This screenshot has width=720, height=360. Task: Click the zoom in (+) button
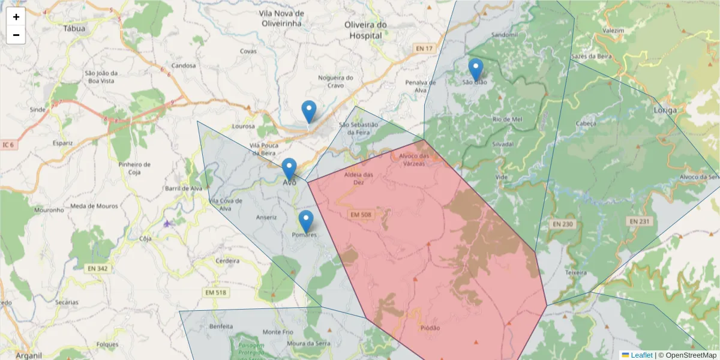tap(16, 17)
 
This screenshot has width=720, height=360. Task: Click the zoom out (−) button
tap(16, 35)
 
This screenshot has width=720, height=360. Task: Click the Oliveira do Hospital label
tap(366, 30)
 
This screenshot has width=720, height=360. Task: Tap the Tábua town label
tap(74, 28)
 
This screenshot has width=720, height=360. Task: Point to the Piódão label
tap(430, 328)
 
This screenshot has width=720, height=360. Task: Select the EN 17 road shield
tap(424, 48)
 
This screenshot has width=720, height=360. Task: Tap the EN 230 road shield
tap(562, 224)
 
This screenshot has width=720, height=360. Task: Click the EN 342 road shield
tap(97, 268)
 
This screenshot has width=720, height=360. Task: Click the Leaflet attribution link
tap(641, 355)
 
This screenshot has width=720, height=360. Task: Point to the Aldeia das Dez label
tap(359, 178)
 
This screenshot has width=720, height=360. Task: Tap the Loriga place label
tap(665, 110)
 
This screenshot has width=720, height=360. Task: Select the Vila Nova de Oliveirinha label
tap(282, 18)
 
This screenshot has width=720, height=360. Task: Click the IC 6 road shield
tap(9, 145)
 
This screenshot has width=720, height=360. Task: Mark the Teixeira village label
tap(575, 272)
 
